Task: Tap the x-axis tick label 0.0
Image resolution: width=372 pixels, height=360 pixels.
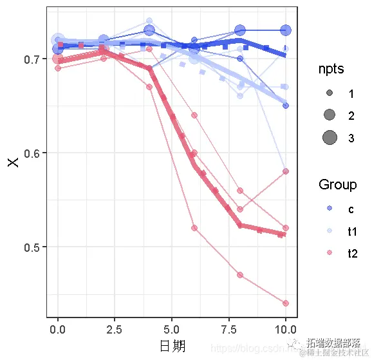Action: coord(58,330)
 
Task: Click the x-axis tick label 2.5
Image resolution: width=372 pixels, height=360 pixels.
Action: coord(115,330)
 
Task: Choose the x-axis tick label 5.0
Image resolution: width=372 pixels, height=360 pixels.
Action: coord(172,330)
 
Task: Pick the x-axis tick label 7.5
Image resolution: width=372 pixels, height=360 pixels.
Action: coord(228,330)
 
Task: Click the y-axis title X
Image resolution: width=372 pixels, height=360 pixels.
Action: coord(13,161)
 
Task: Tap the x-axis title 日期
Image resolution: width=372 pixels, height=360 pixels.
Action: coord(172,346)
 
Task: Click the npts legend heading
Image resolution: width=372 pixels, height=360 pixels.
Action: coord(331,69)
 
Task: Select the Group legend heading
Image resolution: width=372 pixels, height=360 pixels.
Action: coord(337,185)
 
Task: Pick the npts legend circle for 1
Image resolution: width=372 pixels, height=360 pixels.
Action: coord(330,93)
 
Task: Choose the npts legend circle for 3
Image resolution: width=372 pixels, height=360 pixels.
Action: coord(330,137)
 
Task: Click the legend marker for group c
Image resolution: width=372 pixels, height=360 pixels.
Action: coord(330,209)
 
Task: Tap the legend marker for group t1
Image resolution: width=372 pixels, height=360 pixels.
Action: coord(330,231)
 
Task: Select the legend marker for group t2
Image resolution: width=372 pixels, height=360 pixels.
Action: coord(330,253)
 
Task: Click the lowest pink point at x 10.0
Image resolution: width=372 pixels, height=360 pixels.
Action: coord(286,303)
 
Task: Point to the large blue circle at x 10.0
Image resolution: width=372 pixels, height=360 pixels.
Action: coord(286,30)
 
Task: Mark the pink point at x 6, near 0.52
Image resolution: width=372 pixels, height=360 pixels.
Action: coord(194,228)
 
